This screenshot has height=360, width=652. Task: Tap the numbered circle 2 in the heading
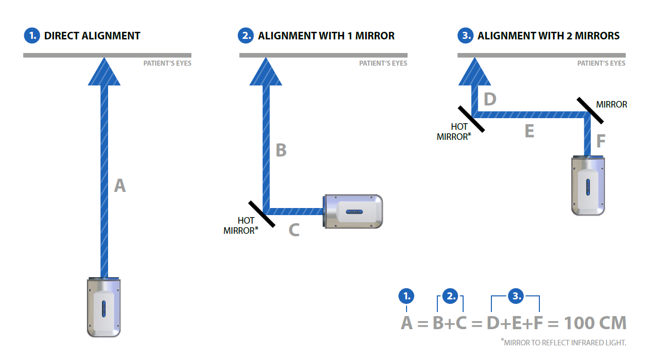[x=245, y=36]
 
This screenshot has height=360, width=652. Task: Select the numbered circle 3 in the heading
[x=465, y=36]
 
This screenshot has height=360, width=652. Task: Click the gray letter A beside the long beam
[x=120, y=186]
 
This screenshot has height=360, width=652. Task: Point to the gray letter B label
[x=281, y=150]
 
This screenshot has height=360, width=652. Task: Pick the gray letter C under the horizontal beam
[x=294, y=230]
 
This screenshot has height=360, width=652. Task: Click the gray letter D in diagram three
[x=490, y=99]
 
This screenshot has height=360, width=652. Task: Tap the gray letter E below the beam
[x=529, y=131]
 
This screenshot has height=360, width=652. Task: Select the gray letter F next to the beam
[x=600, y=141]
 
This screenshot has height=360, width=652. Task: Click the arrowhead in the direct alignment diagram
[x=105, y=72]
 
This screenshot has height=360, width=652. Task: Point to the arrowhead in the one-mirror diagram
[x=266, y=72]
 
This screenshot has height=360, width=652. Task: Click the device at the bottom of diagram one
[x=104, y=307]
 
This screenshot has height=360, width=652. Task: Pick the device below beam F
[x=588, y=185]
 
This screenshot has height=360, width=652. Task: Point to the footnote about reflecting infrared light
[x=564, y=343]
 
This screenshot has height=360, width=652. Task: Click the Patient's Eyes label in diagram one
[x=167, y=64]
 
